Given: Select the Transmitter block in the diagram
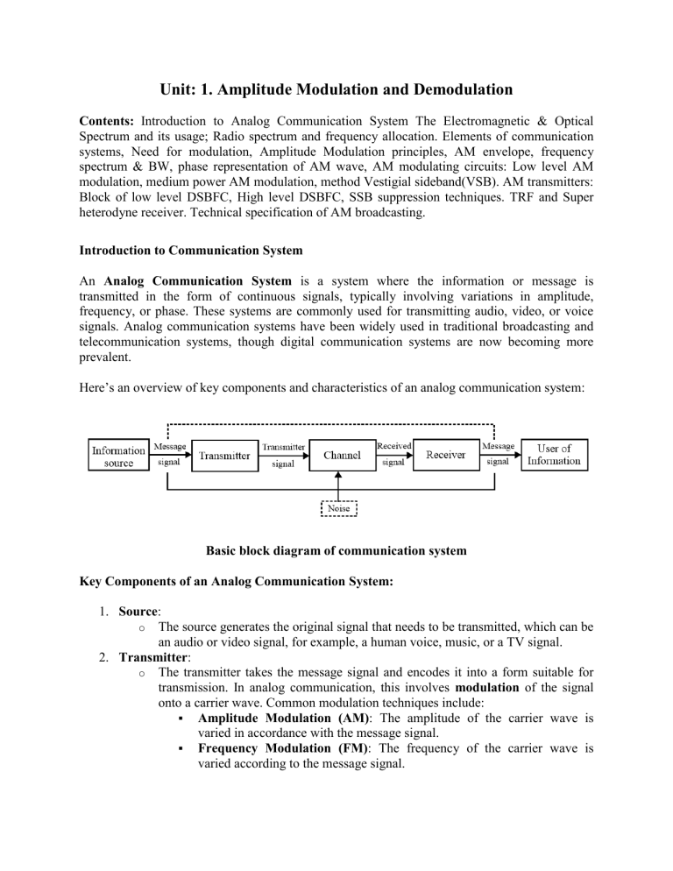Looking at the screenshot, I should pos(224,456).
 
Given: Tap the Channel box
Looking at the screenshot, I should pos(342,456).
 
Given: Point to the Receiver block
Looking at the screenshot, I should pos(445,456).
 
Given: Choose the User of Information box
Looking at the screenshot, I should pos(554,456).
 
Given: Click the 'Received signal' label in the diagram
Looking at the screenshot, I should pos(393,455).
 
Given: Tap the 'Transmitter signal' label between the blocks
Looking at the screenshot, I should pos(282,456).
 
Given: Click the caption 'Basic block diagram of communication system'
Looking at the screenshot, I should pos(336,552).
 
